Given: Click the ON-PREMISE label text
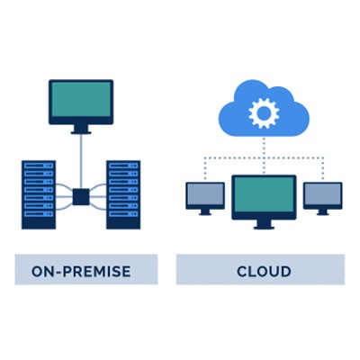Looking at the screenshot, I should coord(81,271).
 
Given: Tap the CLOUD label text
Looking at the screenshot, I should coord(264,271).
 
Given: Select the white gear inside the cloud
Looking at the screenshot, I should coord(263,112).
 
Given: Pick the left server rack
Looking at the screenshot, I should coord(39,193).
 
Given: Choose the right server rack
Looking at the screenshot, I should coord(123,193).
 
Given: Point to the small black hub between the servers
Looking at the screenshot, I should coord(81,194).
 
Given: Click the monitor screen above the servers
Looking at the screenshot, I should coord(81,101).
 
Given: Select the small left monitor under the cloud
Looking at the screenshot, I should coord(205,195).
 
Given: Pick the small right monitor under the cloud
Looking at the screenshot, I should coord(322,194).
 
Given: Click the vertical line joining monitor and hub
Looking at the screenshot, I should coord(81,157).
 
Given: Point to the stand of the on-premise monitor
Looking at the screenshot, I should coord(81,129).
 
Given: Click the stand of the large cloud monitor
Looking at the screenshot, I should coord(264,223).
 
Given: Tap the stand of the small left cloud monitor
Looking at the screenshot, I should coord(205,212).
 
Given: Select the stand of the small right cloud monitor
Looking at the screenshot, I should coord(322,211).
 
